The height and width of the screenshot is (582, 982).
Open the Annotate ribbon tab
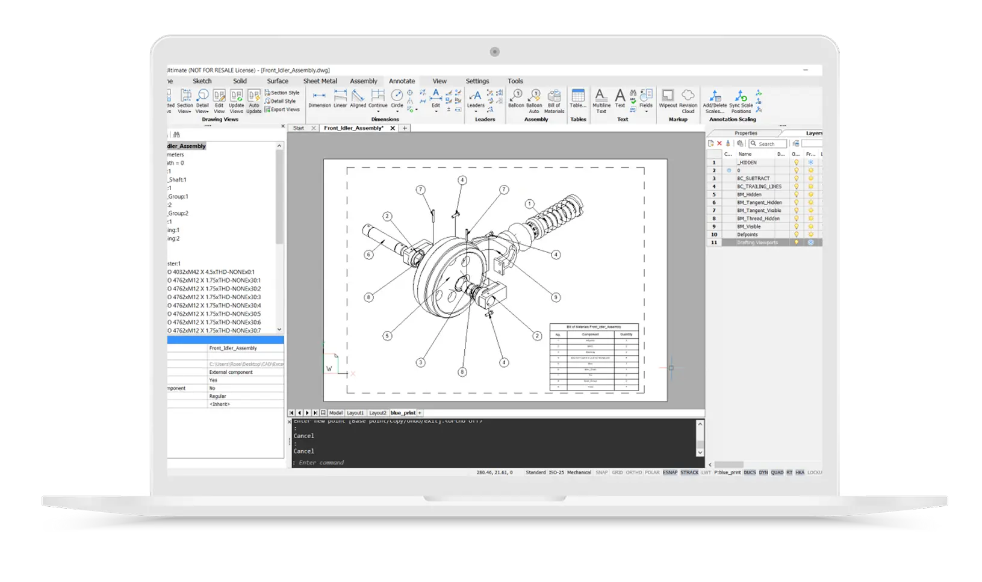tap(402, 81)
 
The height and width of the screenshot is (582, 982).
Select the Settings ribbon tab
tap(477, 81)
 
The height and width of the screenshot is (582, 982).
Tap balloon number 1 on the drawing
tap(530, 204)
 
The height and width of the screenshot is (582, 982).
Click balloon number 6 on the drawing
tap(369, 255)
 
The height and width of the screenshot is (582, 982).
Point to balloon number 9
tap(556, 297)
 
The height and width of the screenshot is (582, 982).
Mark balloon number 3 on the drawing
tap(421, 363)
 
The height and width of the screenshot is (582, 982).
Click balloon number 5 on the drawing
tap(387, 336)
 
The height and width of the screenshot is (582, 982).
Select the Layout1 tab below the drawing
tap(355, 413)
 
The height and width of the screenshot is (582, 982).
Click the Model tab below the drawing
tap(335, 413)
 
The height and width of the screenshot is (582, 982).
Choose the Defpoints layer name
tap(747, 235)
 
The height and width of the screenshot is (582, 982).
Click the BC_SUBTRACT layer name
tap(753, 179)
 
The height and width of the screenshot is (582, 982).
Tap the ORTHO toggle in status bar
tap(633, 472)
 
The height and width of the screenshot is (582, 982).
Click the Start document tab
tap(299, 128)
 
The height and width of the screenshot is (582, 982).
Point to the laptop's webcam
tap(494, 52)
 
